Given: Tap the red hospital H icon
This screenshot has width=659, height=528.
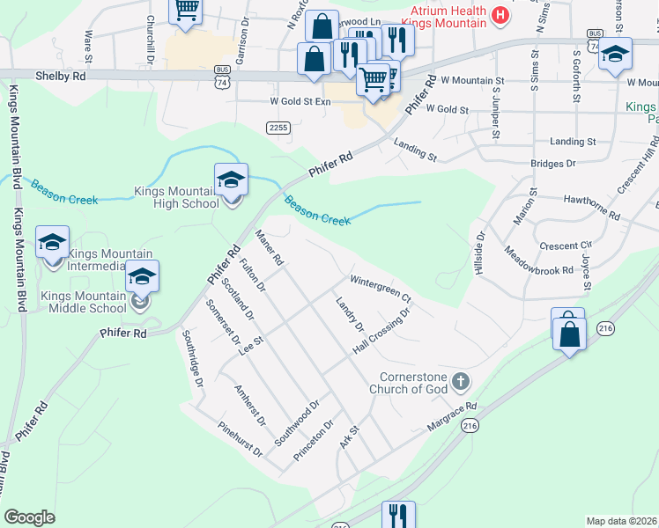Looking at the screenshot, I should (x=500, y=15).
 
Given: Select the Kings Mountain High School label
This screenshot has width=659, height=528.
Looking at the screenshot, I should (x=175, y=197).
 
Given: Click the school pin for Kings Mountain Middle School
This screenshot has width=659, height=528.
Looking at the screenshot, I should (x=142, y=277).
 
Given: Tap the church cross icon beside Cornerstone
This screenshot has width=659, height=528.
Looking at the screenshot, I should (x=461, y=382).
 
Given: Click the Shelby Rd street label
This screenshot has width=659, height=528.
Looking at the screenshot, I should (x=61, y=77).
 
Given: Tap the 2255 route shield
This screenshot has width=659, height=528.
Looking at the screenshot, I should (x=278, y=128).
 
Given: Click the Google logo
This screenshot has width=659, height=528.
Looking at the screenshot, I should (x=29, y=517).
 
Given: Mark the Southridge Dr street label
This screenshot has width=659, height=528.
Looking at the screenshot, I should (x=192, y=359).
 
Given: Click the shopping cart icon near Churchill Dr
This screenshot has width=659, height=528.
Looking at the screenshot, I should (x=186, y=11).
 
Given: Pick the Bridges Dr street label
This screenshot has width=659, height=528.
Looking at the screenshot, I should (x=552, y=164).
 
